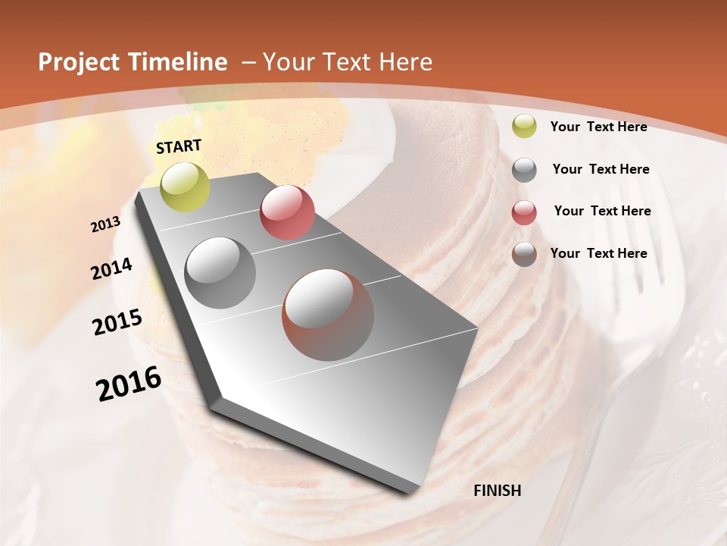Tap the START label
tap(179, 146)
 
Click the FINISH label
tap(497, 491)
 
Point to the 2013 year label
tap(105, 224)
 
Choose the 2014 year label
tap(111, 269)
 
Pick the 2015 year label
tap(117, 322)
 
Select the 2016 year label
tap(129, 384)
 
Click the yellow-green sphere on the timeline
tap(185, 187)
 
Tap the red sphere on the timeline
tap(287, 212)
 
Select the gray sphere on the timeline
tap(220, 272)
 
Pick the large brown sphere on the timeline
tap(328, 315)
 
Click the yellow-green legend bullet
tap(524, 127)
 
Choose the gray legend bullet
tap(524, 169)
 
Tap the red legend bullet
tap(524, 212)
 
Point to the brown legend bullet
tap(524, 254)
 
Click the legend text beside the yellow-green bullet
tap(598, 127)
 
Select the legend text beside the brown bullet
tap(598, 253)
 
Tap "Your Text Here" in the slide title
tap(347, 62)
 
